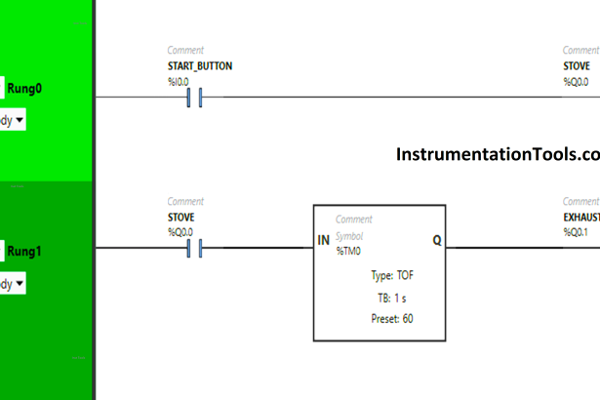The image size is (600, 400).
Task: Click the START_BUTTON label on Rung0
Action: pos(200,67)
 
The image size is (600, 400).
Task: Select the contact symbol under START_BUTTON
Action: pos(193,98)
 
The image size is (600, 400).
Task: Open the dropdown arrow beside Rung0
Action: pos(19,121)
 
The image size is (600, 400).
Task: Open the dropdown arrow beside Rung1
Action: pos(19,284)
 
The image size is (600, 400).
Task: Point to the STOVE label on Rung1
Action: pos(182,219)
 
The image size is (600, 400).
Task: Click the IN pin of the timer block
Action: pos(323,240)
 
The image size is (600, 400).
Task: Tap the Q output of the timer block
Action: pos(436,240)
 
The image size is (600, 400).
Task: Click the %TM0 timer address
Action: pos(347,252)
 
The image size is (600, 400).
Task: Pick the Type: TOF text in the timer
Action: pos(379,276)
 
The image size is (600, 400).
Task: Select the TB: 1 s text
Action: pos(379,298)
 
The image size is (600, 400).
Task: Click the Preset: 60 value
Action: pos(379,319)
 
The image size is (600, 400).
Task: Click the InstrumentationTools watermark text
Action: pos(498,155)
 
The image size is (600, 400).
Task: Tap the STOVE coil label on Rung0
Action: pos(576,67)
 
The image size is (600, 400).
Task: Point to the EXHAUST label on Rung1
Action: pos(581,219)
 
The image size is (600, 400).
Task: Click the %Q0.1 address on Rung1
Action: pos(577,232)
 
